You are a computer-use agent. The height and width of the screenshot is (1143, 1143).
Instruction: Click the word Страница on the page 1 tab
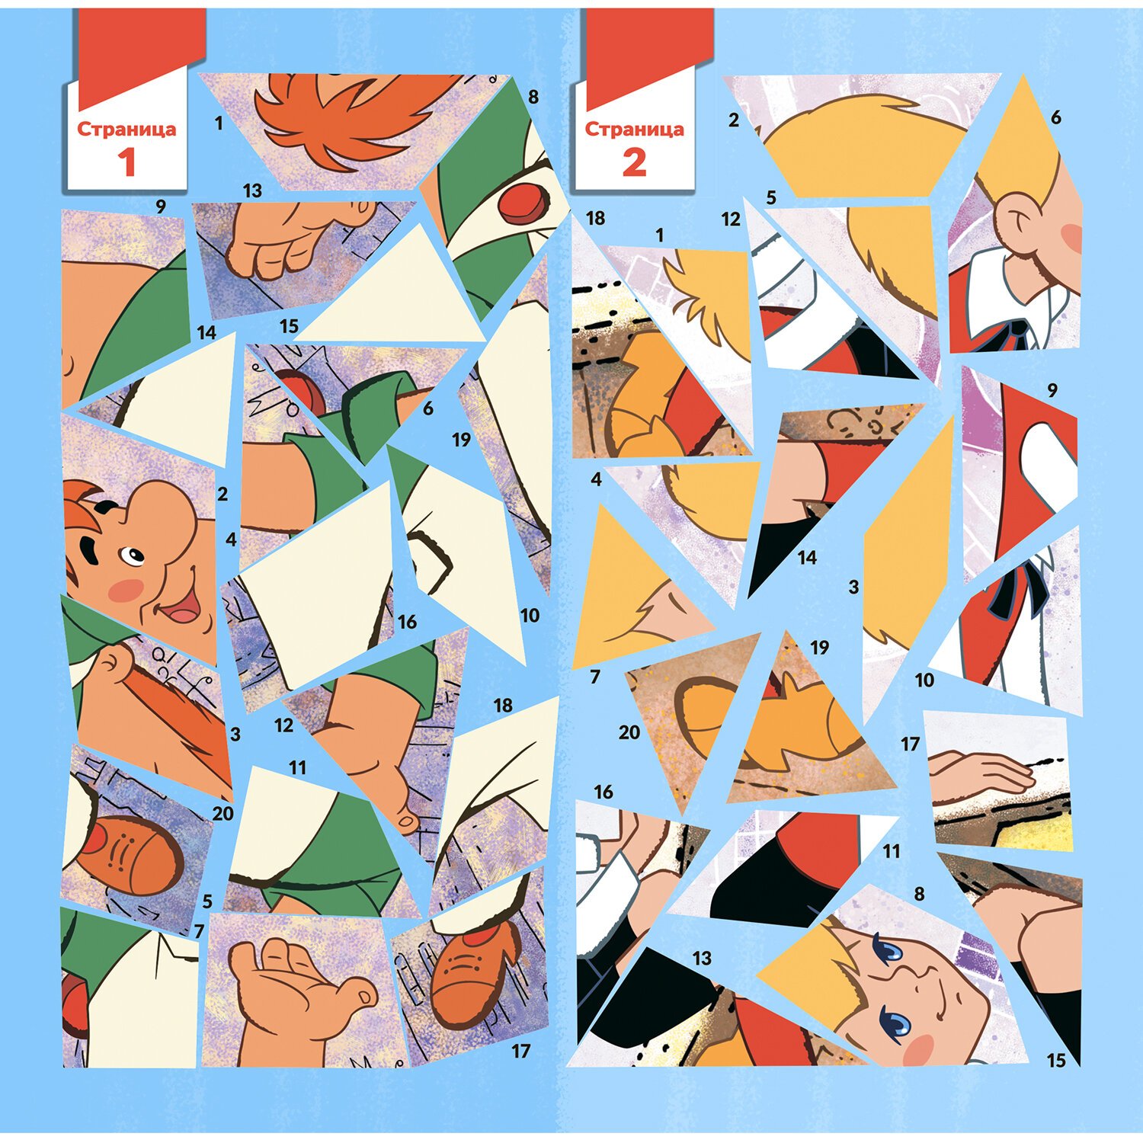click(x=126, y=129)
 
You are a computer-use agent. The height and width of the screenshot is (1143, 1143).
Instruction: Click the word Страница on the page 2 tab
click(x=634, y=129)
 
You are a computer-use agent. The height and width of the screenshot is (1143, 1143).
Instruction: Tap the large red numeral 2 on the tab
click(x=634, y=162)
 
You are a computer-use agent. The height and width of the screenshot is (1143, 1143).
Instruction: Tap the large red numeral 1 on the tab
click(x=126, y=162)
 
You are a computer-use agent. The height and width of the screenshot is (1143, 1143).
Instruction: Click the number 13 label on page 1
click(x=252, y=190)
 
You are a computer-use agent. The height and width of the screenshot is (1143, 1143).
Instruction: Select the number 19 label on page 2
click(x=819, y=648)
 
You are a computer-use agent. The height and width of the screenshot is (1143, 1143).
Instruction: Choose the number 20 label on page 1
click(x=223, y=814)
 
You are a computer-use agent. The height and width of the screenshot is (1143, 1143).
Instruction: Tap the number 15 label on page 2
click(x=1056, y=1060)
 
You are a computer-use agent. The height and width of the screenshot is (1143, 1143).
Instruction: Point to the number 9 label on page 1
click(x=160, y=206)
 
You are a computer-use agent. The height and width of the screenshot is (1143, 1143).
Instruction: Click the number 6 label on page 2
click(x=1055, y=117)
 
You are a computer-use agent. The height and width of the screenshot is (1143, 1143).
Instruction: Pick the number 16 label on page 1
click(x=407, y=622)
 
